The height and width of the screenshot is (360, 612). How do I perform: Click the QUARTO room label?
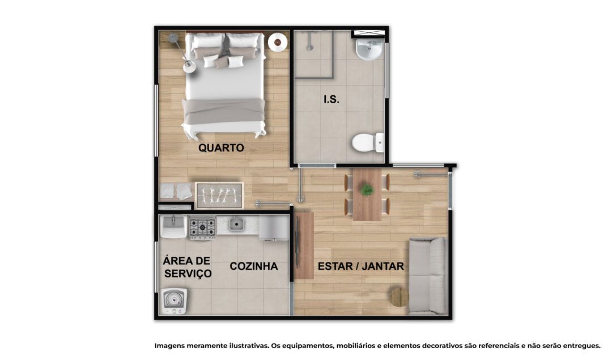[x=221, y=147]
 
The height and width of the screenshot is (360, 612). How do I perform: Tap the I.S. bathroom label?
[x=331, y=100]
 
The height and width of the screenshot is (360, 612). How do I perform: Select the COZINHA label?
[x=254, y=266]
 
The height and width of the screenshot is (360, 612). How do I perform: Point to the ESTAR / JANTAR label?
[x=360, y=266]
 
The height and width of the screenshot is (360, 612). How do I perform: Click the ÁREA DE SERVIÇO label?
[x=188, y=267]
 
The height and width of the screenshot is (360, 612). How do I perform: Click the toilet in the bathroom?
[x=368, y=142]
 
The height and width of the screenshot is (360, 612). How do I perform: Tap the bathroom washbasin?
[x=369, y=49]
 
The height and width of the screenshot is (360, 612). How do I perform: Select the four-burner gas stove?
[x=202, y=228]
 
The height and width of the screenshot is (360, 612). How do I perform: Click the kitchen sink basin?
[x=236, y=224]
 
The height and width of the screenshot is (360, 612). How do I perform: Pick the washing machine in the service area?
[x=174, y=301]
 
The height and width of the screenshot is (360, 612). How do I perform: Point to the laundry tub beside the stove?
[x=173, y=226]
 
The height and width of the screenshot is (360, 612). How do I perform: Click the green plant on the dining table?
[x=367, y=190]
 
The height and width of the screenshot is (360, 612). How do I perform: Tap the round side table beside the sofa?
[x=399, y=297]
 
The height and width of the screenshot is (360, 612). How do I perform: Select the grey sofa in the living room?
[x=427, y=276]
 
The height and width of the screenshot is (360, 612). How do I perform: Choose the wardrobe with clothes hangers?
[x=219, y=195]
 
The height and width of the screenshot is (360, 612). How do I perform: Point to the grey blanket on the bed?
[x=223, y=111]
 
